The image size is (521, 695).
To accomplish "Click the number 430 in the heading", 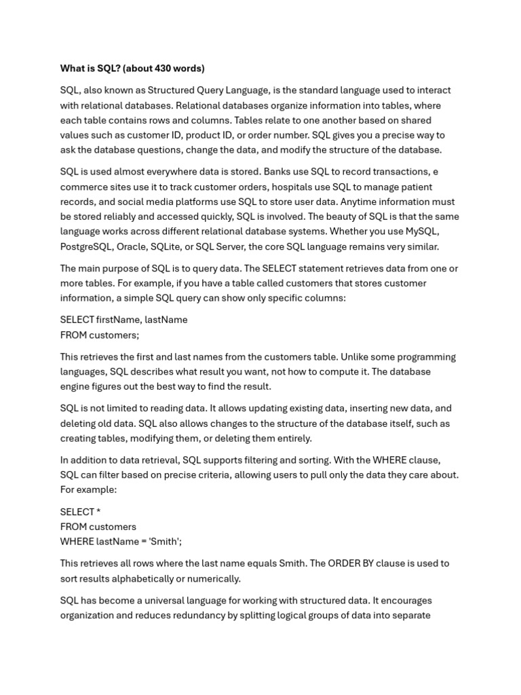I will [157, 69].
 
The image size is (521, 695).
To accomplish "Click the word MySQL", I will [422, 231].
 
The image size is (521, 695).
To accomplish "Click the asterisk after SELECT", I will [98, 512].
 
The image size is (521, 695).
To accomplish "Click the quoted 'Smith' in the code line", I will [164, 542].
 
